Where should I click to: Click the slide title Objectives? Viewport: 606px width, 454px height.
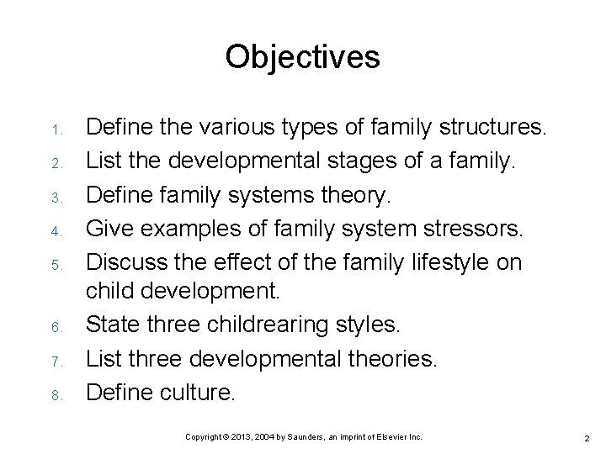(x=302, y=57)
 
